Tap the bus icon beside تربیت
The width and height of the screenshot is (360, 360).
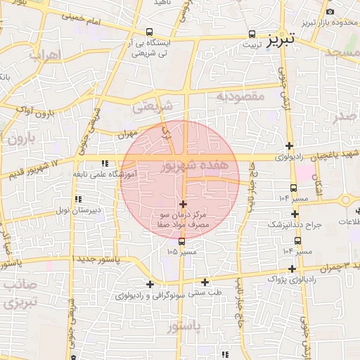(x=252, y=34)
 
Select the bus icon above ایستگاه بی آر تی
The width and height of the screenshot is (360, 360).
(x=149, y=32)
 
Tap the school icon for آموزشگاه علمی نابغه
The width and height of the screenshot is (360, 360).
(x=105, y=163)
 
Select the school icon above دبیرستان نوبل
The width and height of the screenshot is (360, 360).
(x=77, y=200)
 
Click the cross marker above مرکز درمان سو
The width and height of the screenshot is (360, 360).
(x=184, y=203)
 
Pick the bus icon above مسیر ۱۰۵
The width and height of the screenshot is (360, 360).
(x=182, y=242)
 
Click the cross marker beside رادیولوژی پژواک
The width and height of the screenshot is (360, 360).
(x=292, y=269)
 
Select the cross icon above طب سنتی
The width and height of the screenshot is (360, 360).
(x=205, y=282)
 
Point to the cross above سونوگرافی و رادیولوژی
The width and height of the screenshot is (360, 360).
(x=149, y=285)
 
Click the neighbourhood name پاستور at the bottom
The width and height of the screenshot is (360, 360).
(x=185, y=327)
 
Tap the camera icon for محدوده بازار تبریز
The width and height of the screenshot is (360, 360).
(x=330, y=12)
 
